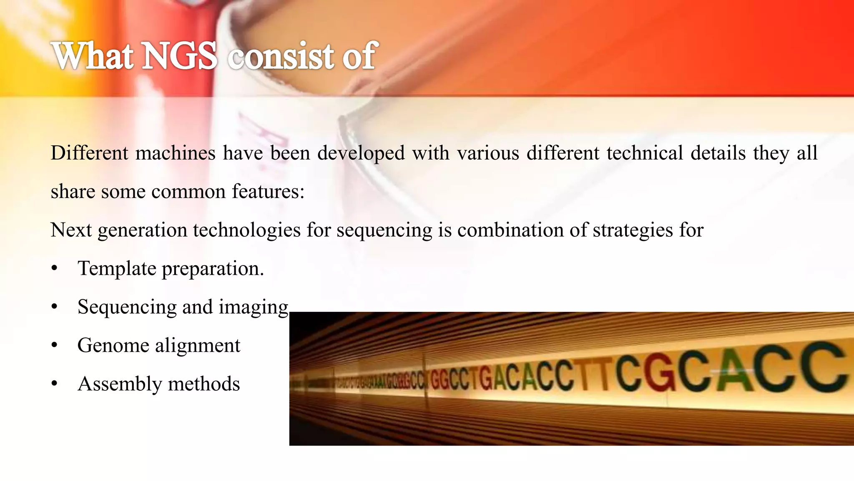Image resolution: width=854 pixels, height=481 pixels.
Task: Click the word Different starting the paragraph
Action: click(x=89, y=153)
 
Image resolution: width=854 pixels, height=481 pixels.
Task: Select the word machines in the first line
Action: click(x=175, y=153)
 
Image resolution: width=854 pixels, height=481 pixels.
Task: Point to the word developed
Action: click(x=361, y=154)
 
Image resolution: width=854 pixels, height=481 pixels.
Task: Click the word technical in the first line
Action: click(x=645, y=153)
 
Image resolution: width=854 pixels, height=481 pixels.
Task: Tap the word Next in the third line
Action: click(x=71, y=230)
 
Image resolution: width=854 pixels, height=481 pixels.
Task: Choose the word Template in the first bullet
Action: click(x=117, y=268)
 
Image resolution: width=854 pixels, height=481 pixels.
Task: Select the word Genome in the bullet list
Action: click(x=113, y=346)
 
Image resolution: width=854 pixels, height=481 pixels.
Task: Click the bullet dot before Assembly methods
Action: click(x=54, y=385)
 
